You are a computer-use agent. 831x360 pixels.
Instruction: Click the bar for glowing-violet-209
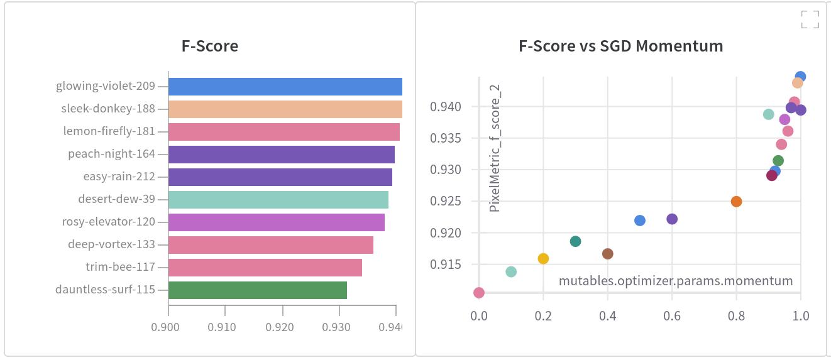285,87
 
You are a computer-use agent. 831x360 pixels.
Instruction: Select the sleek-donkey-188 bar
285,109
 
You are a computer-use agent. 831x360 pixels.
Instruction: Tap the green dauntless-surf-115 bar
257,290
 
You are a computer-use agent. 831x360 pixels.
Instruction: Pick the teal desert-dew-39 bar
278,200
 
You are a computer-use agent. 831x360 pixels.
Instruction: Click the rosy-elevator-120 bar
276,222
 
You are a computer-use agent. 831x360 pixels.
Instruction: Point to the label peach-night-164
111,154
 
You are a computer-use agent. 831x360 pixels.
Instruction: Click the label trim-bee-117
120,267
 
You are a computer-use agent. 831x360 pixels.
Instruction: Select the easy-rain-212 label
119,177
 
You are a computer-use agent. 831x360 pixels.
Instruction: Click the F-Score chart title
210,46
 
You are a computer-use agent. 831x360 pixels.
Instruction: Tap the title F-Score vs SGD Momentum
620,46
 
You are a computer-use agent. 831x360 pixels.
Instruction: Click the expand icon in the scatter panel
810,19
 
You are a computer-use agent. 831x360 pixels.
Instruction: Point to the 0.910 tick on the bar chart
222,327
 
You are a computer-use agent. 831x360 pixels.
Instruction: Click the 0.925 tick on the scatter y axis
446,202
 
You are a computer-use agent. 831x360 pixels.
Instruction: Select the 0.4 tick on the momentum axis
607,316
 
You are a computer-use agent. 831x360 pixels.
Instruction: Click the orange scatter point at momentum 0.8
736,202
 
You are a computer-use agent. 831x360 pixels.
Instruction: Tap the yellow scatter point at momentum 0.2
543,259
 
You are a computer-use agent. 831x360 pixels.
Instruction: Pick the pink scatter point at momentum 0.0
479,293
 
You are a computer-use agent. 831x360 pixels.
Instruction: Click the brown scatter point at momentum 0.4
607,254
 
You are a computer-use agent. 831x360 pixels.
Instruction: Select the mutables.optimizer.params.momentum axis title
676,281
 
